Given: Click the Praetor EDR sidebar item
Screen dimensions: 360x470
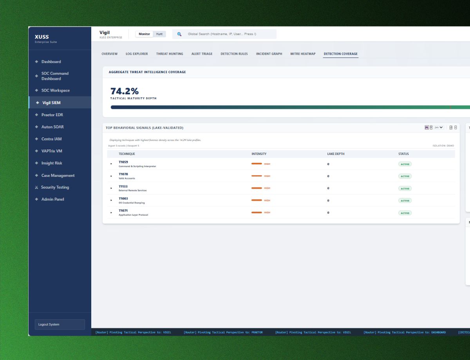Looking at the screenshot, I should [52, 115].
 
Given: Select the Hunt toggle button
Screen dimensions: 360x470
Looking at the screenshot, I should [159, 34].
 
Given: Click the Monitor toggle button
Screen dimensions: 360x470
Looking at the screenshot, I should [144, 34].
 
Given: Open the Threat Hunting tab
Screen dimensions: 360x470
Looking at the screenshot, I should [170, 54].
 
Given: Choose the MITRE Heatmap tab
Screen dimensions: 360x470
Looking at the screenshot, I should [303, 54].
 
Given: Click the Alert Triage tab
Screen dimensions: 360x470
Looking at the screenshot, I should [202, 54].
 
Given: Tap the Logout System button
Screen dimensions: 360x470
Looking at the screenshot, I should [60, 324].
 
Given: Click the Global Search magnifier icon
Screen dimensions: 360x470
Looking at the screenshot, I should [179, 34].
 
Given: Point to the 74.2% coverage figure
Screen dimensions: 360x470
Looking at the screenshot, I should [125, 91].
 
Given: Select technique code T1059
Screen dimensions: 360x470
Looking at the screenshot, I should [123, 162].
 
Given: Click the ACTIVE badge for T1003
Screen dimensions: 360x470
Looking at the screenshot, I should [405, 201].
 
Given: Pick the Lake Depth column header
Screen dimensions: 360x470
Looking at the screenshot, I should [336, 154].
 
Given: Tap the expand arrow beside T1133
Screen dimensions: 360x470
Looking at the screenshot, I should [111, 188].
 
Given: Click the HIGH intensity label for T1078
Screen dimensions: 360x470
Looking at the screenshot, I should [267, 176].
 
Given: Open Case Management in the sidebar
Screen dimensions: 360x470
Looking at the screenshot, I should [58, 176].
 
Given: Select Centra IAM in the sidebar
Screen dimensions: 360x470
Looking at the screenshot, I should [51, 139].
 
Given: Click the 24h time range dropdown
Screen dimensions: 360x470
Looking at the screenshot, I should [439, 128].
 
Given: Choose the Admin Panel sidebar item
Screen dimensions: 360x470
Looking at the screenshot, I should [52, 200].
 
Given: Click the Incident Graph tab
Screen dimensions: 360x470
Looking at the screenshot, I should [269, 54].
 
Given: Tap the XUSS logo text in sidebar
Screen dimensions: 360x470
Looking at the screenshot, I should [42, 37].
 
